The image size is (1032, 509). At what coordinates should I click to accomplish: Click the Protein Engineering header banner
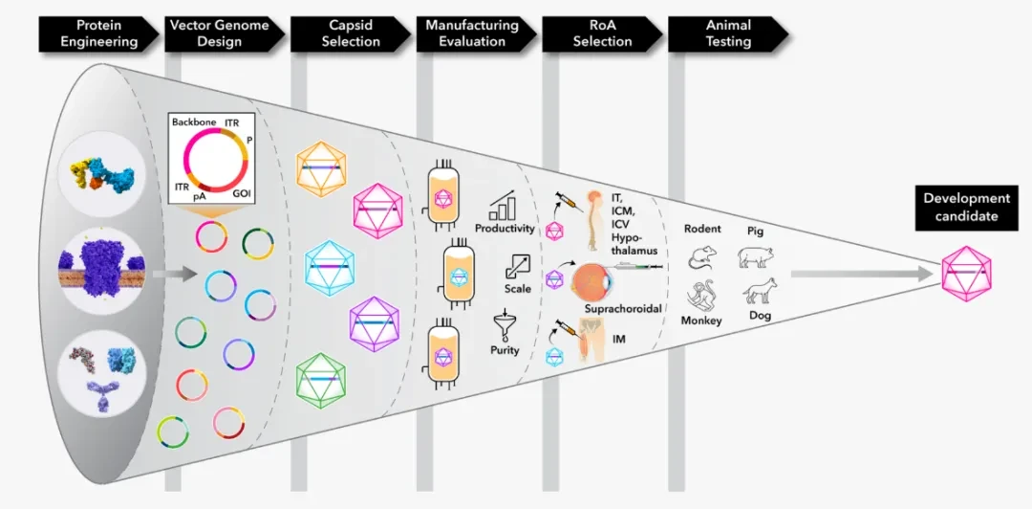tap(97, 33)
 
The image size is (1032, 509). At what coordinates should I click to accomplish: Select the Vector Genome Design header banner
tap(224, 33)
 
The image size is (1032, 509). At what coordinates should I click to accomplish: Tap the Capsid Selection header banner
tap(350, 33)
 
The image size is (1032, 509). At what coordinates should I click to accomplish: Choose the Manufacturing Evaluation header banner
tap(476, 33)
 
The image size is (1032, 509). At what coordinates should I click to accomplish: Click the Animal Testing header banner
tap(728, 33)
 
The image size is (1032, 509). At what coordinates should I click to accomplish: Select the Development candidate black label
tap(965, 207)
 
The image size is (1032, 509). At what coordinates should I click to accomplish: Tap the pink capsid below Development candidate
tap(966, 274)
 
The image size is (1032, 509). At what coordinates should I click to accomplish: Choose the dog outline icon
tap(761, 290)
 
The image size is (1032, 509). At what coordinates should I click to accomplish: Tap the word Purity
tap(505, 350)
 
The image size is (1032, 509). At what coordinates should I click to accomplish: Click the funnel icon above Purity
tap(505, 323)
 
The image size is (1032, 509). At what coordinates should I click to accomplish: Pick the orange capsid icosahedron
tap(321, 168)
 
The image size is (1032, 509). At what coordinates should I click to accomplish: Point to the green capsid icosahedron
tap(321, 380)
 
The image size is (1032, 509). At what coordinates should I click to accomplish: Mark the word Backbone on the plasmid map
tap(190, 122)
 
